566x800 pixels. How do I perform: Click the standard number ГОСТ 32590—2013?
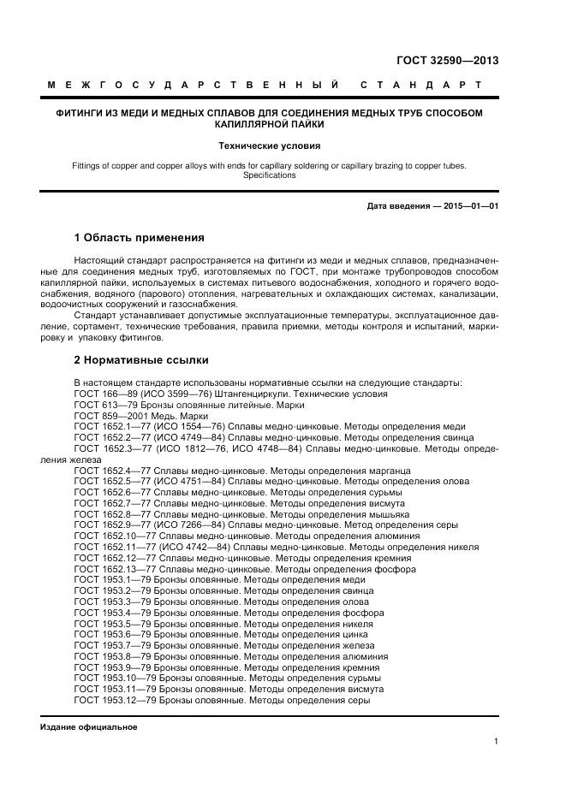447,61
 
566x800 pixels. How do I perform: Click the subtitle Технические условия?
269,145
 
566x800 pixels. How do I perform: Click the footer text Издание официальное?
88,726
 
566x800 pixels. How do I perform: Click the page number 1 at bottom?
496,742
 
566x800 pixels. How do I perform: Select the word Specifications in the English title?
269,175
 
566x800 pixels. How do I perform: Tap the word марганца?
388,471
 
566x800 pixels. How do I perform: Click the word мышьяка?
387,515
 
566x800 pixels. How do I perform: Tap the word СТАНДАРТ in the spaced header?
421,86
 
